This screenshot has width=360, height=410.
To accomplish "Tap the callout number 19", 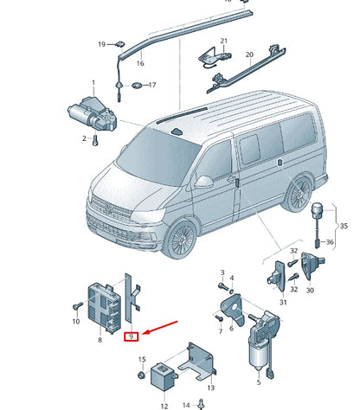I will click(x=101, y=44).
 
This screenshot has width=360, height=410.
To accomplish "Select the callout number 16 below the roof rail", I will click(x=140, y=63).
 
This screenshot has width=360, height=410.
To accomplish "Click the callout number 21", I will click(x=222, y=41).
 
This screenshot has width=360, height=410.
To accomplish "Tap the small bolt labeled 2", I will click(x=96, y=138).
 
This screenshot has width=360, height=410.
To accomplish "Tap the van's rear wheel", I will click(x=301, y=192).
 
